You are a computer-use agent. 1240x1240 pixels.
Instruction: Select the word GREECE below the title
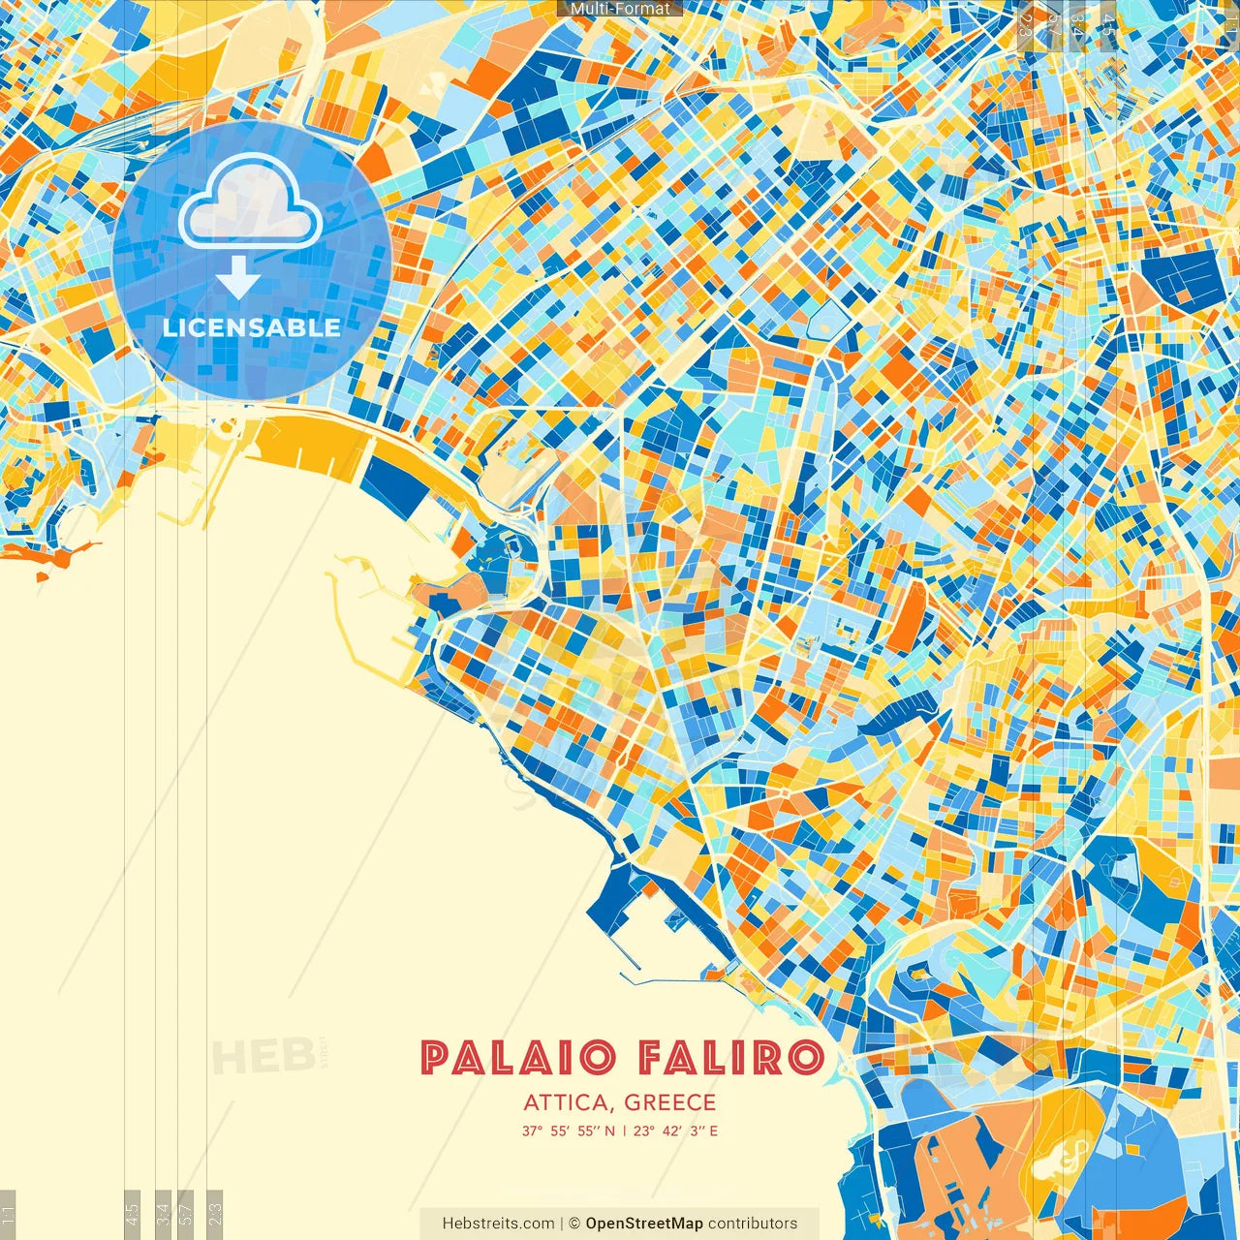click(x=670, y=1102)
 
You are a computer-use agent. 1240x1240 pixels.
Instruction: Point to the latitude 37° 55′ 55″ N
click(x=568, y=1131)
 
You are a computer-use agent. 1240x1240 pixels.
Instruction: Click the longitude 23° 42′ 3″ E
click(x=676, y=1131)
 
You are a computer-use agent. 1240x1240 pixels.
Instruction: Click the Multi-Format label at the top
click(x=620, y=9)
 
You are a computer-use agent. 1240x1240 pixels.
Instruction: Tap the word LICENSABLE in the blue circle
click(x=252, y=327)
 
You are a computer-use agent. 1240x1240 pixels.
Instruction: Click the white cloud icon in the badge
click(x=250, y=201)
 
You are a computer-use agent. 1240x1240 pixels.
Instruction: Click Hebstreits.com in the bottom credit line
click(x=498, y=1224)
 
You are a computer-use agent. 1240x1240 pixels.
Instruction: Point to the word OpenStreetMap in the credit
click(x=644, y=1224)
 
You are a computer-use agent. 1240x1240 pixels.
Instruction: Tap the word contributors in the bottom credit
click(x=753, y=1224)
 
